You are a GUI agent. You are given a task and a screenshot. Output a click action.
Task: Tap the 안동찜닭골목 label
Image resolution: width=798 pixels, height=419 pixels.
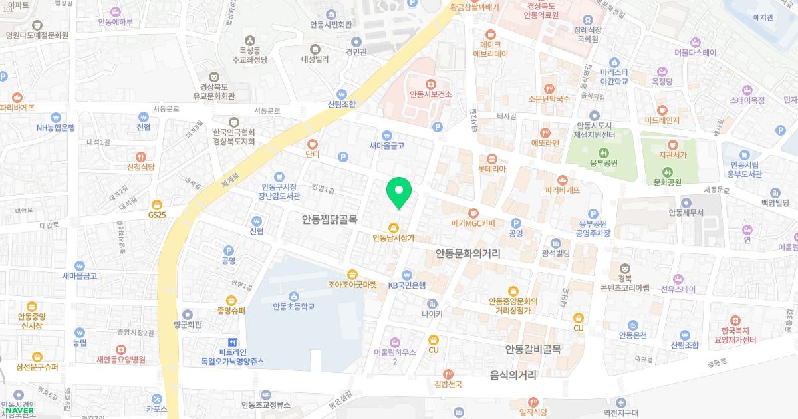(330, 217)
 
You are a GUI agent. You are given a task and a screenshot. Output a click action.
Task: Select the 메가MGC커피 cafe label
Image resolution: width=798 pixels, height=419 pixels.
(473, 223)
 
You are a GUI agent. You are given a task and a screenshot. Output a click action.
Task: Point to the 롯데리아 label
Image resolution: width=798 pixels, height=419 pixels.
(492, 169)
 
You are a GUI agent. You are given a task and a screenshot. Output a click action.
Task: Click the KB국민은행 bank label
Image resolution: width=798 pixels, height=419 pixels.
(407, 285)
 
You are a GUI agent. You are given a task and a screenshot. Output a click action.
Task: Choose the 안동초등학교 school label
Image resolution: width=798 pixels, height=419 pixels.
(293, 307)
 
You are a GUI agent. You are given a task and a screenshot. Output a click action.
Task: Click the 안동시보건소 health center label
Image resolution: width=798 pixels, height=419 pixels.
(430, 94)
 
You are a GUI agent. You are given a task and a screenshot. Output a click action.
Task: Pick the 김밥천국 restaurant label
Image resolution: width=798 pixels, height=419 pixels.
(448, 384)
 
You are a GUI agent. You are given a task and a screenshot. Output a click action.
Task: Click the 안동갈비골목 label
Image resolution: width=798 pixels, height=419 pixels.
(533, 349)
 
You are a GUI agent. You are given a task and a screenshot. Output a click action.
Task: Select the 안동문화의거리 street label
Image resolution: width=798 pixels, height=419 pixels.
(467, 253)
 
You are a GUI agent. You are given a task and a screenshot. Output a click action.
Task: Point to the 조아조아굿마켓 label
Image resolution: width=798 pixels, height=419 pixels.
(352, 284)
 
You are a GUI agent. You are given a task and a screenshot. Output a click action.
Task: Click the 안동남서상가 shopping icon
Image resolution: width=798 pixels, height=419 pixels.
(394, 226)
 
